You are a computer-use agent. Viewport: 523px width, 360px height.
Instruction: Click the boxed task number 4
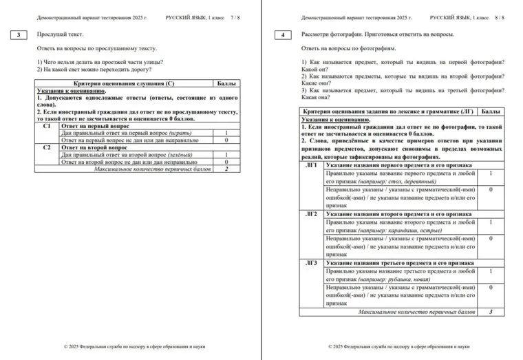pos(284,34)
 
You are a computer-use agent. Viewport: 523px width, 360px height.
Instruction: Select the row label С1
pos(47,126)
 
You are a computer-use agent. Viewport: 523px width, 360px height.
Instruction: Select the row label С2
pos(47,147)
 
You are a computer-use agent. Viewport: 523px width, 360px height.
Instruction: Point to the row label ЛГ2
pos(312,214)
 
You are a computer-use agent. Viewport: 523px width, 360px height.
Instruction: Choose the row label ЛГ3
pos(312,263)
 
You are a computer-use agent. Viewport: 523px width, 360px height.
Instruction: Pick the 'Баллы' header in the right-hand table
pos(491,111)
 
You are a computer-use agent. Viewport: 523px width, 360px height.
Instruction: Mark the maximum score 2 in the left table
pos(226,168)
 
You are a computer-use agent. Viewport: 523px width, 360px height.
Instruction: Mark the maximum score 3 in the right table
pos(491,312)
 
